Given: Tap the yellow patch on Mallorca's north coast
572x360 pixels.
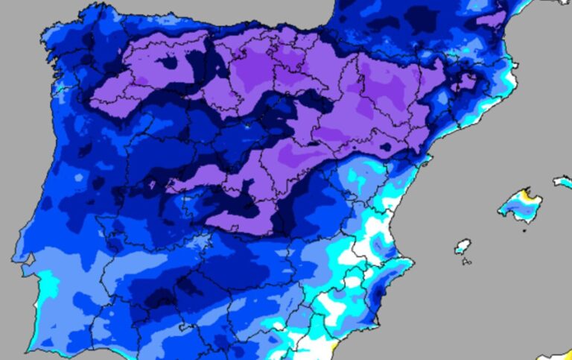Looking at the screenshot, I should point(530,195).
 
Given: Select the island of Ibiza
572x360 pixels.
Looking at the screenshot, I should point(463,246).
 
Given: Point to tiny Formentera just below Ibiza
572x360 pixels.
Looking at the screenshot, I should point(466,261).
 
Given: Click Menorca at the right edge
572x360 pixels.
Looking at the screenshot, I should point(562,181).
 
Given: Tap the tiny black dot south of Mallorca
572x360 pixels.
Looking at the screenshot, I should point(524,230).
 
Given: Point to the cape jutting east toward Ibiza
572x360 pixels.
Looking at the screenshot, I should point(412,263).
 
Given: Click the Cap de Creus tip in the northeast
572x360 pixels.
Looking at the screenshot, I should point(514,65).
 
